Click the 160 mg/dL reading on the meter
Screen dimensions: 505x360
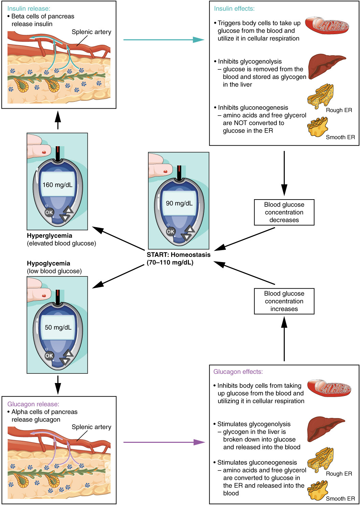[57, 185]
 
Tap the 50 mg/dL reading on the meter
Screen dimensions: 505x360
[58, 327]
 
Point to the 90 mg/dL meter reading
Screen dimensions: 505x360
[179, 203]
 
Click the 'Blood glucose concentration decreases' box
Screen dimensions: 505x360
[284, 212]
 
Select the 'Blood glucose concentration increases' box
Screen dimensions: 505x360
[284, 301]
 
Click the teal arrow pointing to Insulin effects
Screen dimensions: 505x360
[164, 40]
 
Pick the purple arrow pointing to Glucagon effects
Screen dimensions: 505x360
[164, 442]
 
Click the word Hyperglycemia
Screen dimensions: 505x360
[50, 235]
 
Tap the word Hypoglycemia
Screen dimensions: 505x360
[49, 263]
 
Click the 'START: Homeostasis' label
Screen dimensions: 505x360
[178, 255]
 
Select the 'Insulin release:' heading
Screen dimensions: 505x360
[29, 9]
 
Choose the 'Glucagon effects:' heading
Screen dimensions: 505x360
[238, 372]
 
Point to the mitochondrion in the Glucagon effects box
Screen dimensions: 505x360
[329, 388]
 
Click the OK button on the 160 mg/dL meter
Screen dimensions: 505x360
[49, 212]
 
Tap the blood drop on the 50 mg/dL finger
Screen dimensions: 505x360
[44, 295]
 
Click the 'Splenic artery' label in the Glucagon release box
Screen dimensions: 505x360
[91, 427]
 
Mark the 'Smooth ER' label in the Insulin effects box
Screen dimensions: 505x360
[340, 137]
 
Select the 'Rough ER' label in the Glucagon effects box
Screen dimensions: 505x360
[338, 474]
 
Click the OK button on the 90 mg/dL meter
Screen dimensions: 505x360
[170, 231]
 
